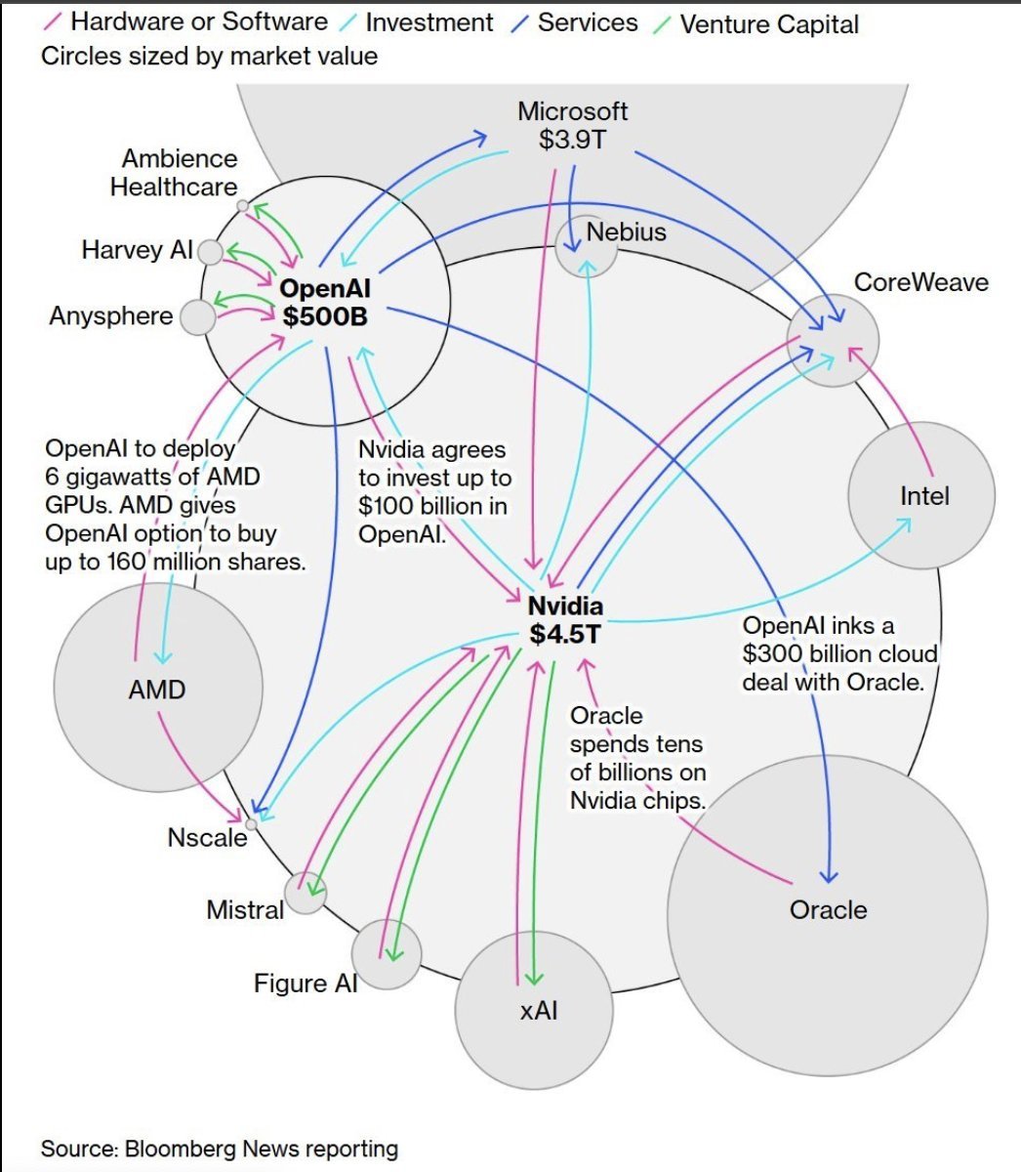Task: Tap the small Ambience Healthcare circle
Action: coord(242,206)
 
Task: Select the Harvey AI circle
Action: coord(210,253)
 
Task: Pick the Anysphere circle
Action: coord(198,317)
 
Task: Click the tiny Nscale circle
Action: coord(251,824)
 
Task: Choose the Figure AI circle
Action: coord(387,954)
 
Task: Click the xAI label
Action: coord(539,1010)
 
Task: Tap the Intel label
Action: coord(923,496)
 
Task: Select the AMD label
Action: coord(156,690)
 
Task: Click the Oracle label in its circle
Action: coord(828,909)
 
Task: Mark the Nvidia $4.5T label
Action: coord(565,620)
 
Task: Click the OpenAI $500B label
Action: coord(324,302)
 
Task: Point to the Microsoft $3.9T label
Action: coord(572,125)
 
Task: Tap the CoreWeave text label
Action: coord(920,282)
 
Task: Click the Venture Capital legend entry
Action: coord(767,23)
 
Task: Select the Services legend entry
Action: coord(587,22)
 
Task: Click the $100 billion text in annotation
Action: coord(414,506)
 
